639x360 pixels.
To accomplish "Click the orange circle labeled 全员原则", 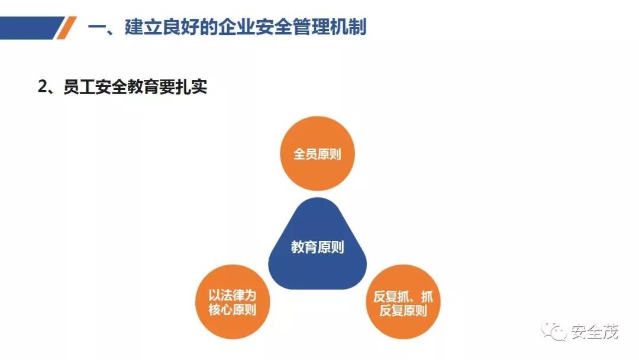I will point(317,153).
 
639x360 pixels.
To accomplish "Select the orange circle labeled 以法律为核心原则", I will point(232,302).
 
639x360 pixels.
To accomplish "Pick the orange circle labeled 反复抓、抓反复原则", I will point(403,302).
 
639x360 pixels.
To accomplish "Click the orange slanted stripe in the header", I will point(67,27).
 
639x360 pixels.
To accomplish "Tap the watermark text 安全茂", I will point(595,332).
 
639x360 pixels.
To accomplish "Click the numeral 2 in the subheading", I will point(43,87).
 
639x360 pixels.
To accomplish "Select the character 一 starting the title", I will point(97,27).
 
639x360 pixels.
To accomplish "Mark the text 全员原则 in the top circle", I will point(317,155).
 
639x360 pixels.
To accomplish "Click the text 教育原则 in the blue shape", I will point(318,247).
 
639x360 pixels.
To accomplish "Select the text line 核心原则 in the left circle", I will point(232,310).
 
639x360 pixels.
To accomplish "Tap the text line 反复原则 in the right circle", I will point(403,310).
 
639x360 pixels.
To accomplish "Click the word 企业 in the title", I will point(235,27).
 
